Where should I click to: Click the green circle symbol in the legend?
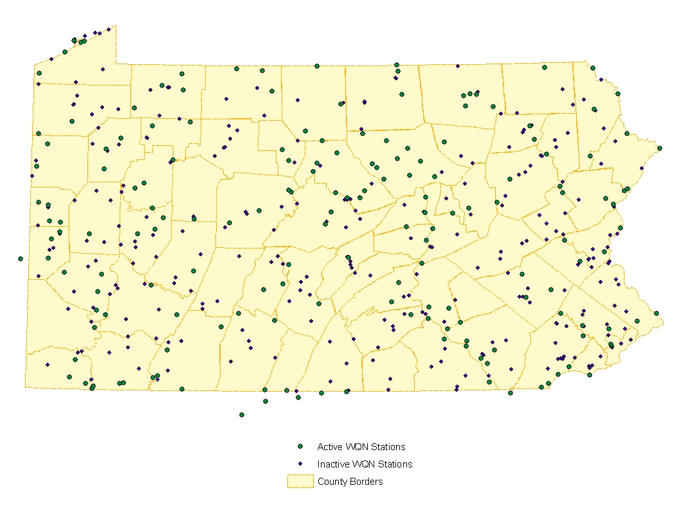point(300,446)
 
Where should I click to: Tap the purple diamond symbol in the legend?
point(300,464)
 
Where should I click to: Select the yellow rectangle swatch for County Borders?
point(300,482)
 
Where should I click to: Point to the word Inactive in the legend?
point(332,464)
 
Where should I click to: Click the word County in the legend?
point(332,482)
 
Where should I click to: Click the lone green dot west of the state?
point(21,259)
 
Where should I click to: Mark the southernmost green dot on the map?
point(242,415)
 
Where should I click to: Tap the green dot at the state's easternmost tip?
point(660,148)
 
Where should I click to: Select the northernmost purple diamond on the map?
point(109,28)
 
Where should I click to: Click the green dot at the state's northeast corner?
point(592,68)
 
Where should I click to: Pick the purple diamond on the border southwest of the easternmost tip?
point(641,169)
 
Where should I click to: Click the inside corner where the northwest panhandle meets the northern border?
point(116,64)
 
